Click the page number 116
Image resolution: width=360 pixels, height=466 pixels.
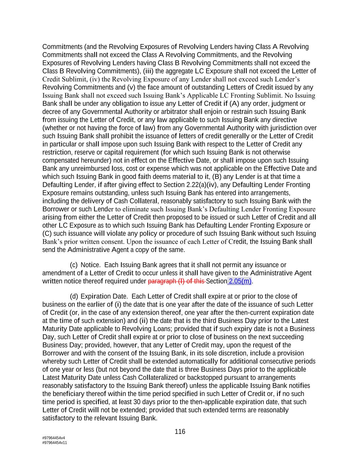[x=180, y=432]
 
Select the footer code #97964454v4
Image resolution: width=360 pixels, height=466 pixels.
[x=54, y=438]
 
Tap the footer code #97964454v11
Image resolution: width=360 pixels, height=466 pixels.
[x=55, y=443]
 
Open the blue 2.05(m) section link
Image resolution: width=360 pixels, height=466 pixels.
[x=240, y=281]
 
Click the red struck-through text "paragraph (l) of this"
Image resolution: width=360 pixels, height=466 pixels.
[x=176, y=281]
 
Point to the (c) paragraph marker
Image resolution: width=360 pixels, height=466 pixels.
[x=73, y=265]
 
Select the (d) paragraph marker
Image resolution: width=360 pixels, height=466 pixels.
[x=73, y=296]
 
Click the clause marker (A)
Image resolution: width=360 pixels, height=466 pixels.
[x=234, y=103]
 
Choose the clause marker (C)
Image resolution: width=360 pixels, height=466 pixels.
[x=47, y=234]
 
